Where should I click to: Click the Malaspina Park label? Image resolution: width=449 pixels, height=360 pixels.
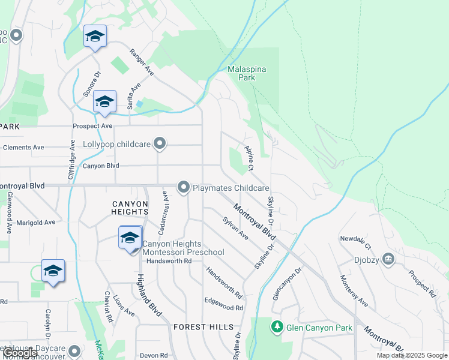[x=247, y=73]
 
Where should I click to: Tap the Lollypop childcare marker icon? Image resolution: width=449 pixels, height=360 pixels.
[x=159, y=143]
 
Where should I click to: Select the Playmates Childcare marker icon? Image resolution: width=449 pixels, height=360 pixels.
[x=183, y=188]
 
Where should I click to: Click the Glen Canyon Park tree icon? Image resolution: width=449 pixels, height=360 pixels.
[x=277, y=328]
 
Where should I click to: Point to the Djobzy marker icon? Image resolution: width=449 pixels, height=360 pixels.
[x=388, y=259]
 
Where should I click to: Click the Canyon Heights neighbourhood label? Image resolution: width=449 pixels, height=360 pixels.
[x=130, y=208]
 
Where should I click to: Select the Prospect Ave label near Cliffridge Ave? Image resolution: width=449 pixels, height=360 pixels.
[x=92, y=126]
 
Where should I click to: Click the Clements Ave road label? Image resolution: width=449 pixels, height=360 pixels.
[x=23, y=147]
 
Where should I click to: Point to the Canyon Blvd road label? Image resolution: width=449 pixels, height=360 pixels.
[x=101, y=166]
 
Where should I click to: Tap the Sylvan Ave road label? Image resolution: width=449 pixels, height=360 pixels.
[x=235, y=229]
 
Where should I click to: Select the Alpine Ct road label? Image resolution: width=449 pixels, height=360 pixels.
[x=249, y=157]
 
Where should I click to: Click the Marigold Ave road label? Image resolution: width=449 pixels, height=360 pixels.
[x=35, y=221]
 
